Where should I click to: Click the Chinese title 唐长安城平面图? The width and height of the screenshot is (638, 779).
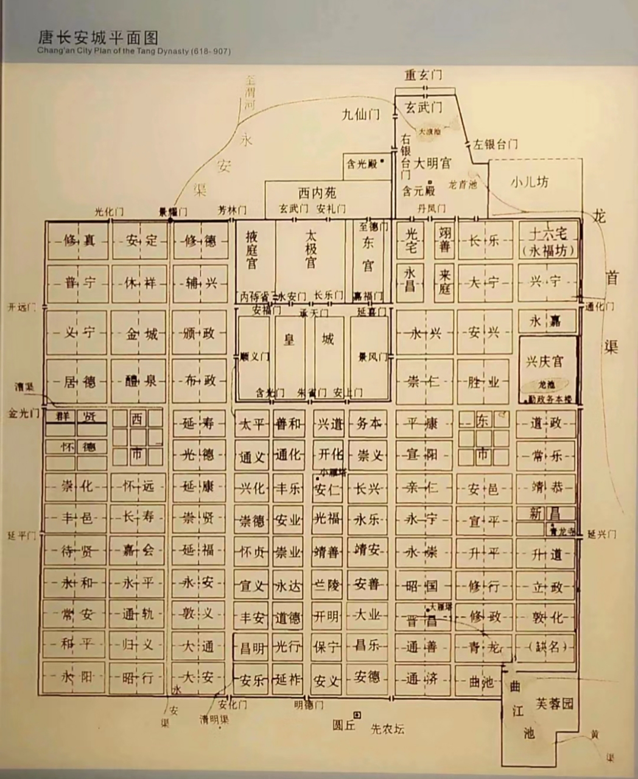point(97,38)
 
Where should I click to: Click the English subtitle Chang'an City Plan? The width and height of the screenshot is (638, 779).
point(134,52)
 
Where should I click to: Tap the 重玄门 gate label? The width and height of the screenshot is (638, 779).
point(424,75)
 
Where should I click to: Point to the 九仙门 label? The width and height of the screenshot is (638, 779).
point(361,114)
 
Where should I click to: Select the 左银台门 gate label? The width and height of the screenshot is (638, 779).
point(496,145)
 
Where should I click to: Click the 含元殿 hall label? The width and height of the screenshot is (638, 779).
point(419,190)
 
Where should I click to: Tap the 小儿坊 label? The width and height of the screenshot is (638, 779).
point(530,182)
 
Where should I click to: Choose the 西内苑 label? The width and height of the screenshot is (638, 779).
point(317,194)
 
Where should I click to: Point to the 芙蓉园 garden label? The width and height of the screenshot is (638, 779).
point(554,704)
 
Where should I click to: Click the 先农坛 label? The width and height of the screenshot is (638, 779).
point(388,728)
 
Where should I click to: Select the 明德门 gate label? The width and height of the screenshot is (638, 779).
point(308,705)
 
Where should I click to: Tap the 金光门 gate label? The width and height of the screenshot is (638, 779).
point(23,413)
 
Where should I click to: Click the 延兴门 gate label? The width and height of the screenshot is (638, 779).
point(602,534)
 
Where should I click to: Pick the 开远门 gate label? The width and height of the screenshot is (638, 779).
point(22,307)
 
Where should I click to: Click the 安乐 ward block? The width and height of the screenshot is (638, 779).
point(252,679)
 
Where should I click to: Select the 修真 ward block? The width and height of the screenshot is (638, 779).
point(79,240)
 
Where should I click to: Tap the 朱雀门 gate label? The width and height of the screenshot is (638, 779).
point(312,393)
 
